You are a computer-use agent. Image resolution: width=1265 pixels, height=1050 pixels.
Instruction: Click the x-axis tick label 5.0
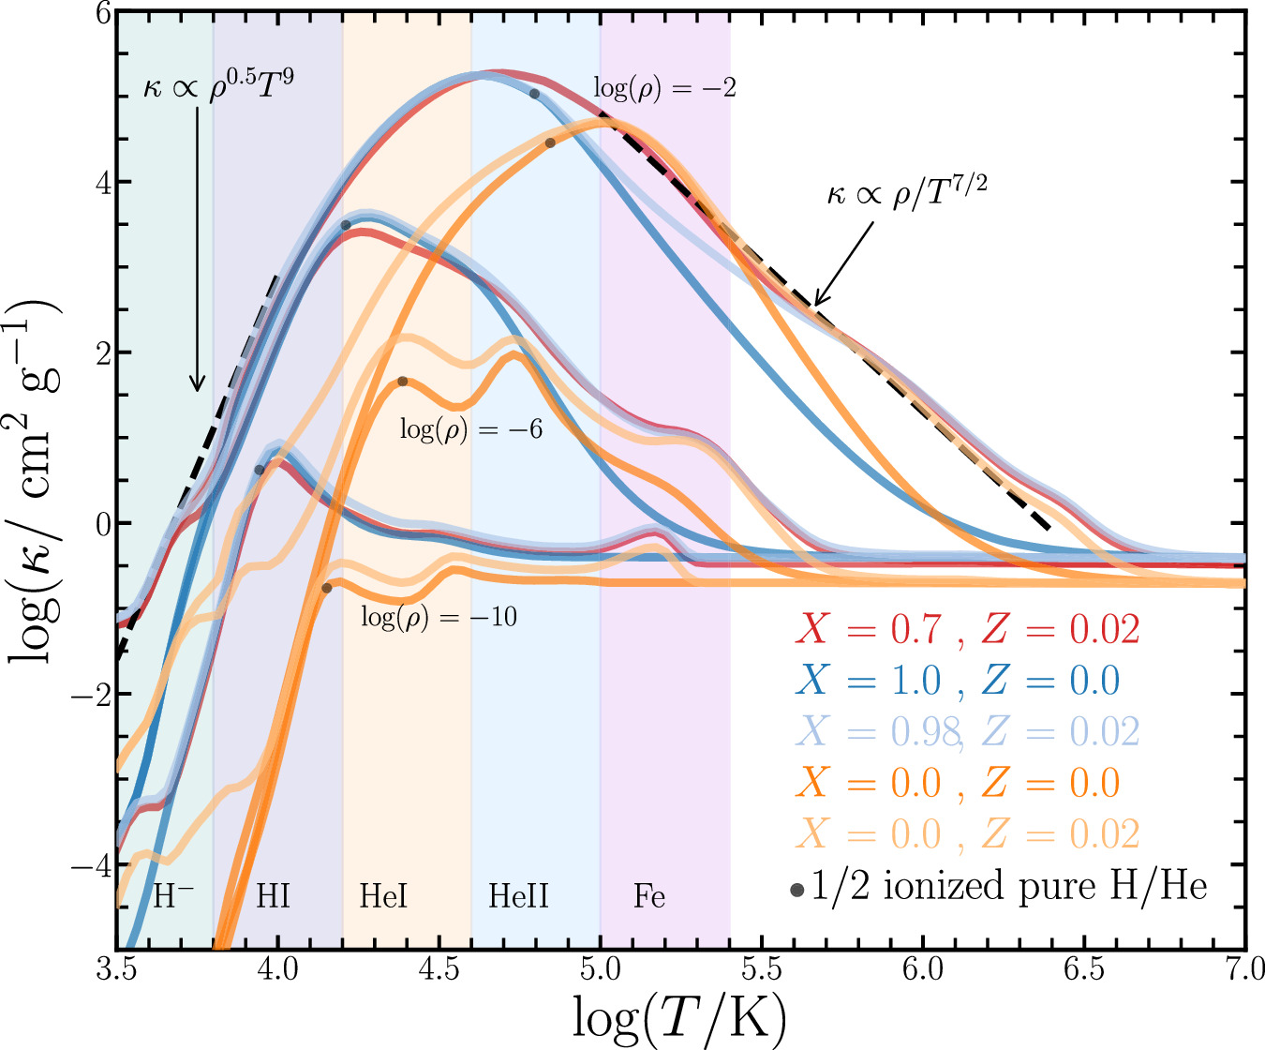tap(600, 968)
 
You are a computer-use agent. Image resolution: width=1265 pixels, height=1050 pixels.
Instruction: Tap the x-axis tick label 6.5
tap(1084, 968)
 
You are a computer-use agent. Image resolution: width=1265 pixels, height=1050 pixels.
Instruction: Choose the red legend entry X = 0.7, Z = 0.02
tap(967, 629)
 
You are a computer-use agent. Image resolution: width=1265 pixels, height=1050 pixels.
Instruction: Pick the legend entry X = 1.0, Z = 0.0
tap(958, 681)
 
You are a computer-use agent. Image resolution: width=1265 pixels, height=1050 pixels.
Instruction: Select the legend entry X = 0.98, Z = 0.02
tap(967, 731)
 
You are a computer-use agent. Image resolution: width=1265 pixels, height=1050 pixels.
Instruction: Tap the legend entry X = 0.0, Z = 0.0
tap(958, 783)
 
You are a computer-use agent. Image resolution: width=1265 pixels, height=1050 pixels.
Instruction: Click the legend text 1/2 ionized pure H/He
tap(1008, 886)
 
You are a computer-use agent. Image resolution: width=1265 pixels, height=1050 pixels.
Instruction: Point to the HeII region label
tap(518, 896)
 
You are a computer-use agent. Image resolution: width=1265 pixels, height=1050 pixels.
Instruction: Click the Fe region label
tap(648, 896)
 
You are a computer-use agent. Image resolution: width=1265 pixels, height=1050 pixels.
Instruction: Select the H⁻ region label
tap(172, 896)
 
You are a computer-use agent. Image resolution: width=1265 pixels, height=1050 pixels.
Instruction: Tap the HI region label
tap(273, 896)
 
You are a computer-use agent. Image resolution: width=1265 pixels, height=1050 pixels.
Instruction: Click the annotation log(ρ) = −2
tap(664, 89)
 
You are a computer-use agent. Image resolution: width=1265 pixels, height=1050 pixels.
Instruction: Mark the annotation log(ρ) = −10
tap(439, 617)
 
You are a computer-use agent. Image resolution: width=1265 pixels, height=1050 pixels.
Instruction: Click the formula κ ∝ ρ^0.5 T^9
tap(218, 82)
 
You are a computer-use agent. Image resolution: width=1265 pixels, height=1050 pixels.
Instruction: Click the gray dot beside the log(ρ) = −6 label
tap(403, 382)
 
